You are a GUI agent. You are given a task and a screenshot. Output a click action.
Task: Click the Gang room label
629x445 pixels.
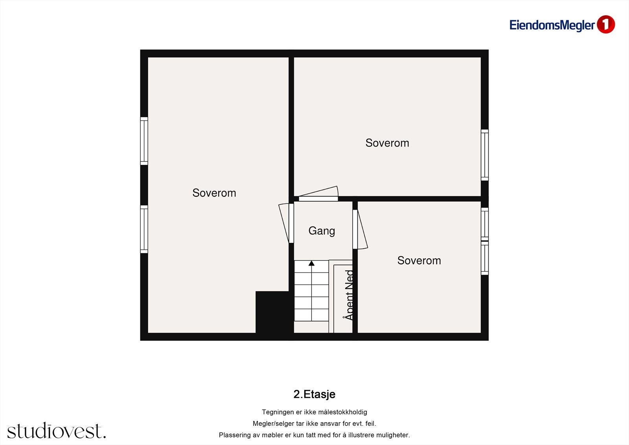coord(322,231)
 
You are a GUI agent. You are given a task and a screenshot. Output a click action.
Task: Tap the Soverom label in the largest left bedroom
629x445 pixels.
coord(214,193)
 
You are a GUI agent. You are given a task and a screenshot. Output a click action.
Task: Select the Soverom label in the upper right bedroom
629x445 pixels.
coord(387,143)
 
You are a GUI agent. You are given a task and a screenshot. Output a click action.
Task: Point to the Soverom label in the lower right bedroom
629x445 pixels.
coord(419,260)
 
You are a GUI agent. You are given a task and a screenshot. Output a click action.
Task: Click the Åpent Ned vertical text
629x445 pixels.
coord(348,295)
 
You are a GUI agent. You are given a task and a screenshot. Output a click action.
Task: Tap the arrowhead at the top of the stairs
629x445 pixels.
coord(311,263)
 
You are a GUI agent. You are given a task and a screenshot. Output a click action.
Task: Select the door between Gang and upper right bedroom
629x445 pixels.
coord(318,194)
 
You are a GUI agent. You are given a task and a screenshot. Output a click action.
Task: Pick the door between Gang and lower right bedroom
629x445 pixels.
coord(360,229)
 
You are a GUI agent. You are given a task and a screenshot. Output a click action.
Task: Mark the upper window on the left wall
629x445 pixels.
coord(144,141)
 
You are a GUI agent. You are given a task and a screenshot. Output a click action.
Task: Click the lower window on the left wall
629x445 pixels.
coord(144,229)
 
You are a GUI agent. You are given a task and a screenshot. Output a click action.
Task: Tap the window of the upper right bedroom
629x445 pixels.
coord(485,155)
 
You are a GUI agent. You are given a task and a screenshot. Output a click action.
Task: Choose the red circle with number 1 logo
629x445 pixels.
coord(606,24)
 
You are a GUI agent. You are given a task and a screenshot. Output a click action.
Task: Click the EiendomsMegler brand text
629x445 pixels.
coord(552,25)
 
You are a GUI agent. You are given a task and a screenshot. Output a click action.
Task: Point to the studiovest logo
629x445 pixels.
coord(57,430)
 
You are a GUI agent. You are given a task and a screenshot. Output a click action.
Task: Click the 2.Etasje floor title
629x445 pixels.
coord(314,394)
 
